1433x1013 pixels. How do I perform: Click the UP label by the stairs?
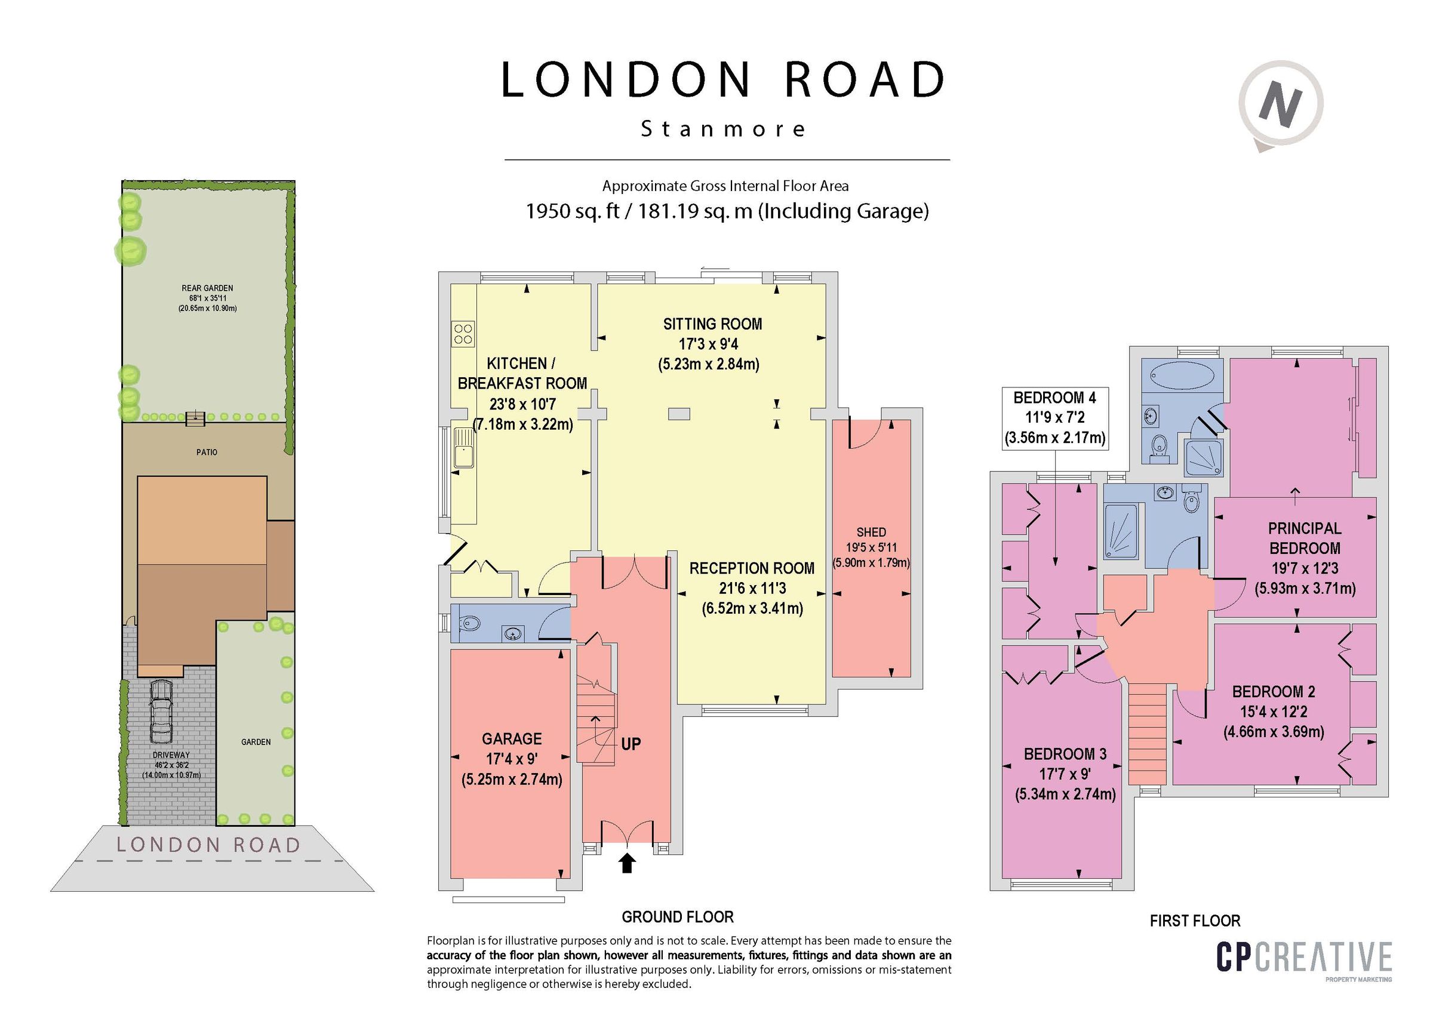click(631, 744)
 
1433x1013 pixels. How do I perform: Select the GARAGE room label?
click(511, 739)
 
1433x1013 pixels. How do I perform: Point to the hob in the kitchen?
click(463, 332)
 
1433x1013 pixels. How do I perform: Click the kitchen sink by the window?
click(463, 448)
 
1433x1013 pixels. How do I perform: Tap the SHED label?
click(871, 532)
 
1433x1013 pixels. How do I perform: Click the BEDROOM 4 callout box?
click(1054, 418)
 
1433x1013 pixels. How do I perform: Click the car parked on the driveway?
click(161, 710)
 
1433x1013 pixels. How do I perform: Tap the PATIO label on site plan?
click(207, 452)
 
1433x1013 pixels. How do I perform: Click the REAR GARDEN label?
click(207, 288)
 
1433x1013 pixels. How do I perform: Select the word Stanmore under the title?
click(723, 129)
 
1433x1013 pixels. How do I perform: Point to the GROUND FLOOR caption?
click(677, 917)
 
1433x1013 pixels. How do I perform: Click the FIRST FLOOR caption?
click(1195, 920)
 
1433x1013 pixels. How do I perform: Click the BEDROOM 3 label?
click(1065, 754)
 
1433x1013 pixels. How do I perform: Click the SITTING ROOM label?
click(712, 324)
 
